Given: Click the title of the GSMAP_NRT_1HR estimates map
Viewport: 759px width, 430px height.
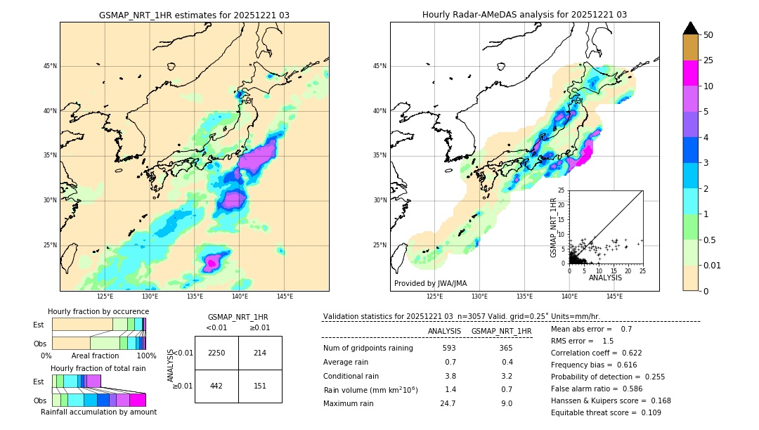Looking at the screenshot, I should [194, 15].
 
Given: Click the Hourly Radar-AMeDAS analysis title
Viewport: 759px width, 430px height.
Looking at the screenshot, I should [524, 15].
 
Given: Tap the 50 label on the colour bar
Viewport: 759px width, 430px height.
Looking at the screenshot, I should [708, 35].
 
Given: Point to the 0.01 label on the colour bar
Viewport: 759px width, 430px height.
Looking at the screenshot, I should [711, 265].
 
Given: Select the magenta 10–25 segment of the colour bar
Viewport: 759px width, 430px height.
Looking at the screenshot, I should [691, 73].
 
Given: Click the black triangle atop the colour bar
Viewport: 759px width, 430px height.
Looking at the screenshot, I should [691, 28].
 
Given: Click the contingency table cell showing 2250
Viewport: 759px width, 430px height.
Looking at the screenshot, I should [216, 353].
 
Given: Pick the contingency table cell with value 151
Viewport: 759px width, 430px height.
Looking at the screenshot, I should [260, 385].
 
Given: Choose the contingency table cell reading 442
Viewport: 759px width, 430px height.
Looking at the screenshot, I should [216, 385].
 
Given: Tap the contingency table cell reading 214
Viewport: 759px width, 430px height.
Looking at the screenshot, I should [260, 353].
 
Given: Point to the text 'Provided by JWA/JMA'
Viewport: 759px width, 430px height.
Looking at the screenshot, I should [430, 284].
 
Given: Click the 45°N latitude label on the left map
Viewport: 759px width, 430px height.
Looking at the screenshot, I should [50, 66].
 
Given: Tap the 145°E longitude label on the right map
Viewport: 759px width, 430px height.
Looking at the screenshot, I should [614, 297].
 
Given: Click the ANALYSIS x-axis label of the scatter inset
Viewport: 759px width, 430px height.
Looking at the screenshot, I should [605, 278].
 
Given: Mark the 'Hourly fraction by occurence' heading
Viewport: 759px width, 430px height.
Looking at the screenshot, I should [98, 311].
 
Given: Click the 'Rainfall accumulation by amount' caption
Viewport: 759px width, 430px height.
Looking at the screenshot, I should [98, 412].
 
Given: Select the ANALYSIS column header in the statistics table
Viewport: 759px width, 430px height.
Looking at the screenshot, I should [444, 331].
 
